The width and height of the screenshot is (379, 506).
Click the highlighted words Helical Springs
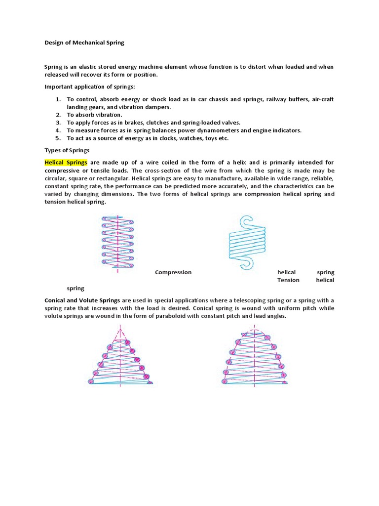(x=66, y=162)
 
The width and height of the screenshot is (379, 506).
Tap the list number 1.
(x=58, y=99)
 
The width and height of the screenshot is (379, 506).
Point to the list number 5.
(x=58, y=138)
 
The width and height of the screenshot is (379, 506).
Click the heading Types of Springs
(x=67, y=150)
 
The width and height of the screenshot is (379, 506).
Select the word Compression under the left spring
(x=173, y=272)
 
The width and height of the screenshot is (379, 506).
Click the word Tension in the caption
(x=288, y=280)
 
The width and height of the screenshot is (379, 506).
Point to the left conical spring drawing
(x=120, y=356)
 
